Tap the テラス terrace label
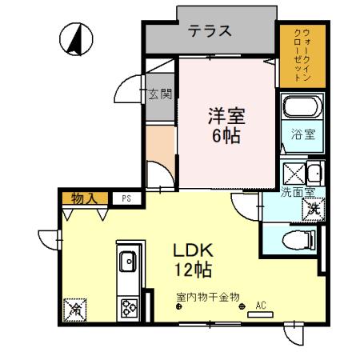tap(210, 31)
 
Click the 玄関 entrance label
tap(160, 94)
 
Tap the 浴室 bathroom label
tap(302, 134)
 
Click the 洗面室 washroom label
tap(298, 192)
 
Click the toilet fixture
tap(298, 237)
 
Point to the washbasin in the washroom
tap(314, 172)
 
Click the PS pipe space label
tap(126, 197)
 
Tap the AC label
tap(260, 305)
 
